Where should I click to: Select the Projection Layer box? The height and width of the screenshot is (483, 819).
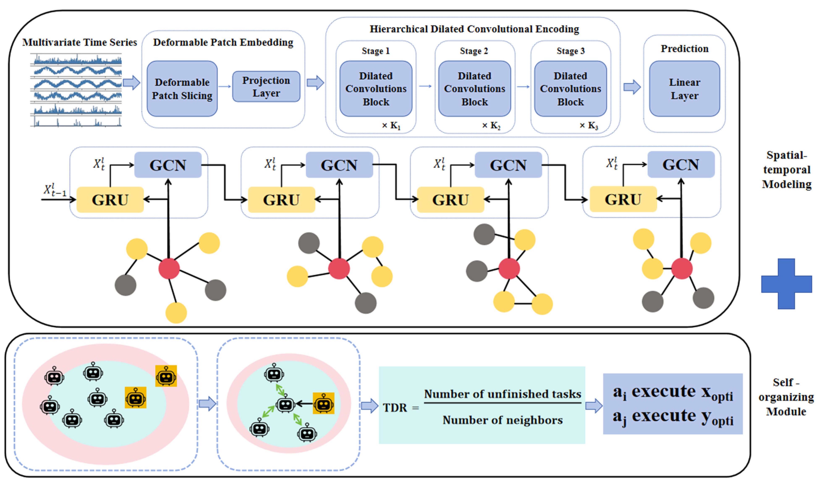coord(266,87)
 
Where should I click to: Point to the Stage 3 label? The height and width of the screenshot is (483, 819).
coord(570,51)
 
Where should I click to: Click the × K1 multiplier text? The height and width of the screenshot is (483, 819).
coord(391,126)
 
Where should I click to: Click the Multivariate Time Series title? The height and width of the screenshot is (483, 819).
coord(80,42)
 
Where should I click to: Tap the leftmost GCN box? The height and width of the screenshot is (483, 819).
coord(168,165)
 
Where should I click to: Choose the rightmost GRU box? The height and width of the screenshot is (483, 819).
coord(623,199)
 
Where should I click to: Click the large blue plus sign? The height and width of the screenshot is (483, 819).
coord(786,284)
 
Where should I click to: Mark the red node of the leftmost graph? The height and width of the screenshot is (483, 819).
coord(169,269)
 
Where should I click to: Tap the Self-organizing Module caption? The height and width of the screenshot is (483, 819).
coord(786,397)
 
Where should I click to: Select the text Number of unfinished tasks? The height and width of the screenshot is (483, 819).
coord(502,394)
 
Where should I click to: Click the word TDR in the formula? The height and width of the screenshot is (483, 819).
coord(395,408)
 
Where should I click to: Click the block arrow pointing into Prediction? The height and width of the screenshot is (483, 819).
coord(632,87)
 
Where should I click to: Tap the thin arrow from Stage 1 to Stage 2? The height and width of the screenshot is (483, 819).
coord(425,86)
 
